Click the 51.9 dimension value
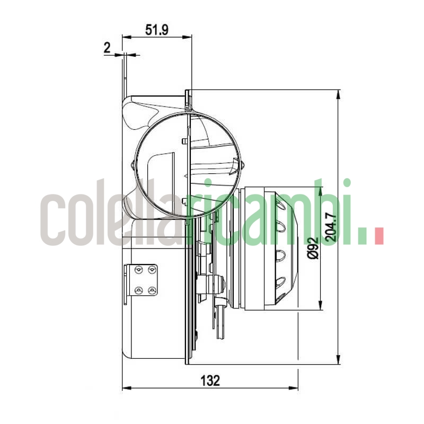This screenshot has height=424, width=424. point(157,30)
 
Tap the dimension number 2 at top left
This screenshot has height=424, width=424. point(107,48)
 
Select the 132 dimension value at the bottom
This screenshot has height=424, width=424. point(210,380)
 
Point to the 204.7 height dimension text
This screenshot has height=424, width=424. point(330,227)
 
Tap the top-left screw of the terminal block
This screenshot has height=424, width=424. point(139,270)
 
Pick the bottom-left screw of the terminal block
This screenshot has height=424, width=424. point(139,290)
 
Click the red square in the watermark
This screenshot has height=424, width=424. point(378,236)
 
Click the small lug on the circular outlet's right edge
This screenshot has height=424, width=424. point(243,166)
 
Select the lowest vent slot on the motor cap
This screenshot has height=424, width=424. point(279,281)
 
